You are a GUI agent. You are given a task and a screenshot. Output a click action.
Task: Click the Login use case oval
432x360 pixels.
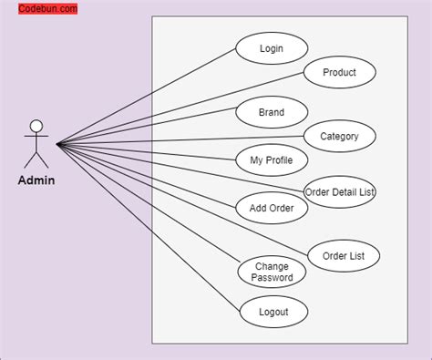272,48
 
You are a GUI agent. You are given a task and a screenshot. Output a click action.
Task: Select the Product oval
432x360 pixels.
339,72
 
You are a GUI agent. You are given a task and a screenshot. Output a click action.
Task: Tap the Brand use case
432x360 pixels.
272,112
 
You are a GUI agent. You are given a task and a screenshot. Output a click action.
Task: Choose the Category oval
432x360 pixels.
339,137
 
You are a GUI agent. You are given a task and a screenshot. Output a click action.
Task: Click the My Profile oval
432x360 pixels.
272,160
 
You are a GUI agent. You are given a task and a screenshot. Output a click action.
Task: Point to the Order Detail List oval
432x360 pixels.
339,191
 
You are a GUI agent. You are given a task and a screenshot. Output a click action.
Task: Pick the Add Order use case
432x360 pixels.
272,208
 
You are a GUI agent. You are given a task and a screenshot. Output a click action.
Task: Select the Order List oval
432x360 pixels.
344,256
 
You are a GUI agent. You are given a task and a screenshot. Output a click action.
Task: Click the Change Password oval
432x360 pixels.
273,272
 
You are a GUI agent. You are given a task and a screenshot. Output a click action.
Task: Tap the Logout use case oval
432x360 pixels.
273,312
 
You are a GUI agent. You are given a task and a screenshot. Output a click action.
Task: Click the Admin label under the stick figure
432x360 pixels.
36,180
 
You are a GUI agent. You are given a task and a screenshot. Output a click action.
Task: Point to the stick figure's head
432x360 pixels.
36,126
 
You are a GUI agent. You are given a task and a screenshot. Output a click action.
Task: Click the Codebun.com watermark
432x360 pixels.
47,8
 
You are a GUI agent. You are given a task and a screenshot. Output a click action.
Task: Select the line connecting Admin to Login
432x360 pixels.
146,97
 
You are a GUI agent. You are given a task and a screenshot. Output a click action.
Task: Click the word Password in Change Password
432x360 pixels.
273,278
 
